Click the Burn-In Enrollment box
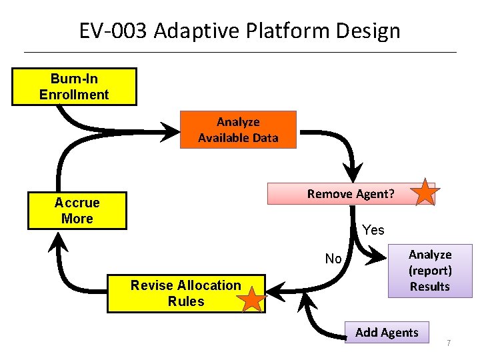(74, 87)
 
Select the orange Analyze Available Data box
(238, 129)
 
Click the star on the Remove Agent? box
(425, 192)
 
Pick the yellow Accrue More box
(77, 211)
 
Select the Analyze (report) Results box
(429, 271)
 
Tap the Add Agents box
(387, 332)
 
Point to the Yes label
(373, 230)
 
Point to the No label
(333, 259)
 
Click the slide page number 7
(449, 343)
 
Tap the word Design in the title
(369, 31)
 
